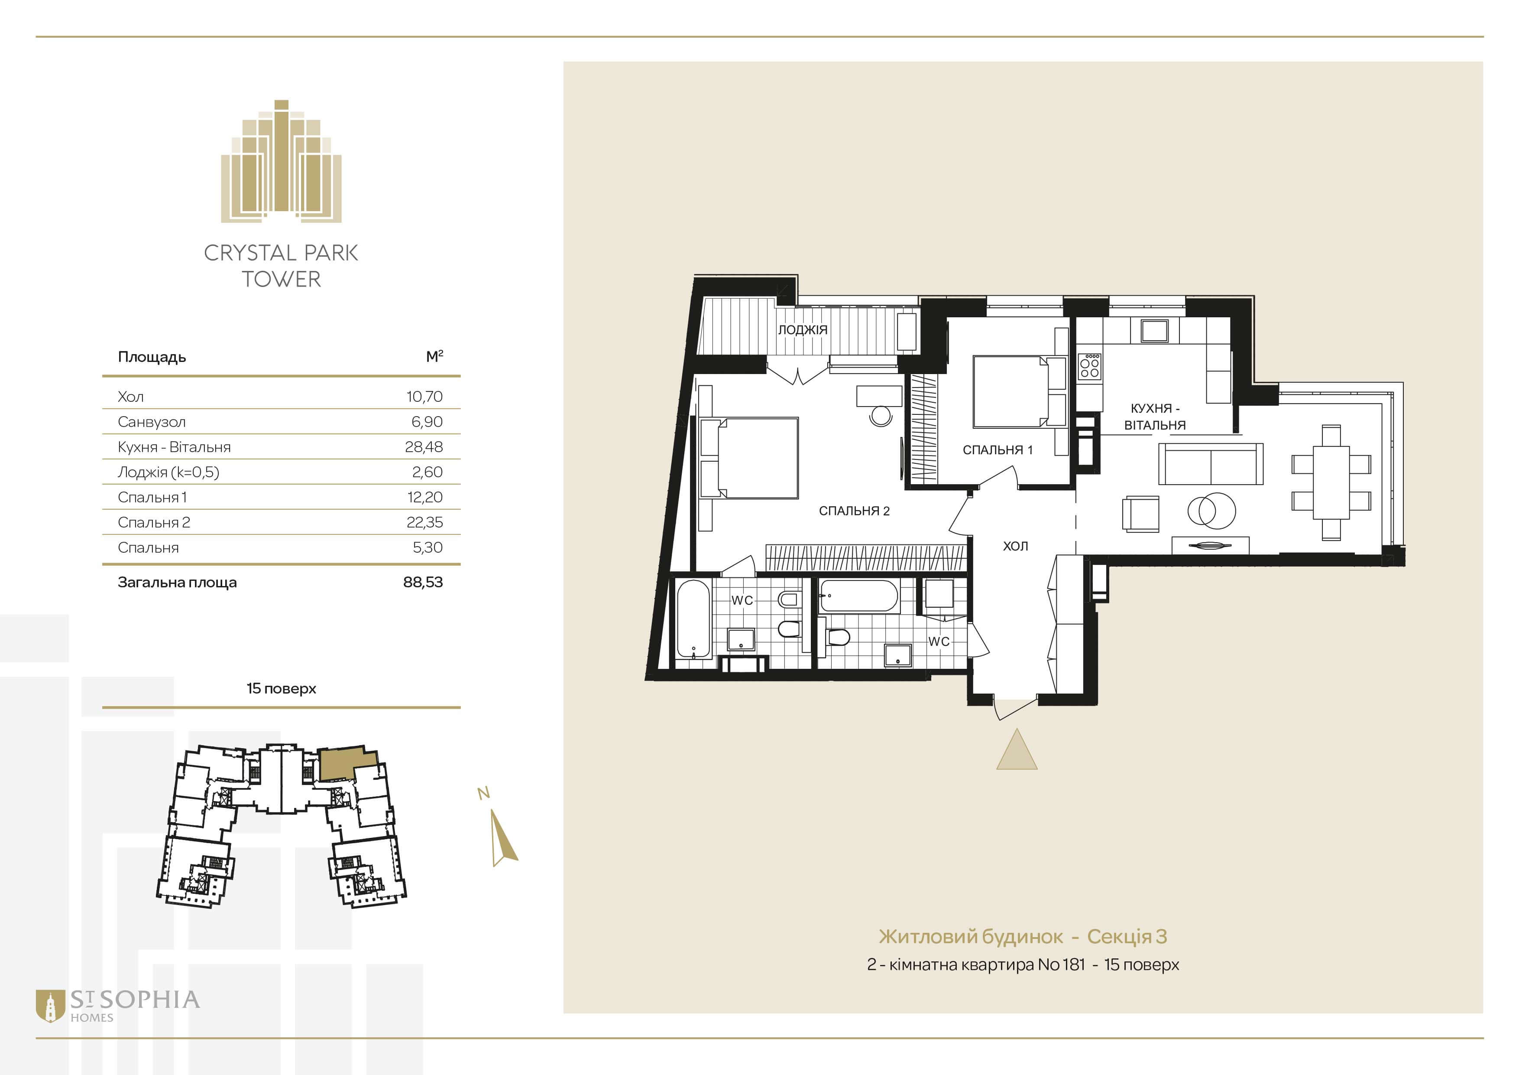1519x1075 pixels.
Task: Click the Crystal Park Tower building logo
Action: (281, 161)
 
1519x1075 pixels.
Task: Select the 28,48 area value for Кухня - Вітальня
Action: (424, 447)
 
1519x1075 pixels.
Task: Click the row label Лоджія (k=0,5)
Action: (168, 472)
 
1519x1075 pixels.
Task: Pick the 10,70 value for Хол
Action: (424, 397)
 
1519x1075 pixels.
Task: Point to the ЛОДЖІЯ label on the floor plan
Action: (803, 329)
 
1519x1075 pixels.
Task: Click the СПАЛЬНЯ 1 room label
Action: (998, 450)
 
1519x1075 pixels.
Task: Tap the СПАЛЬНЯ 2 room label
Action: (854, 511)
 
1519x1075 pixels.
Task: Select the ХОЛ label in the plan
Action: (1016, 546)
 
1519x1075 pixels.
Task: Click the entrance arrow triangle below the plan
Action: (1017, 749)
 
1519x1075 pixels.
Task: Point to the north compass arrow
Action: (504, 838)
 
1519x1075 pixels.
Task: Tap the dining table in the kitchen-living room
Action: (1331, 482)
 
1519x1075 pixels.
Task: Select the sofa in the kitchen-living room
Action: (1210, 463)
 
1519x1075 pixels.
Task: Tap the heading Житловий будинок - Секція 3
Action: (1023, 937)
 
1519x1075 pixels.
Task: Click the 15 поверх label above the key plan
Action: (281, 688)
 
